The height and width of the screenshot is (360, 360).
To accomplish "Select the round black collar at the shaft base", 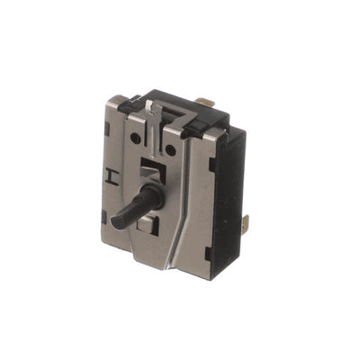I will pyautogui.click(x=153, y=195).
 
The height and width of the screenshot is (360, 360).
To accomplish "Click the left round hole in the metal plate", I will pyautogui.click(x=136, y=140).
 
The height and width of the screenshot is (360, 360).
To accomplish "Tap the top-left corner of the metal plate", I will pyautogui.click(x=109, y=97).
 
